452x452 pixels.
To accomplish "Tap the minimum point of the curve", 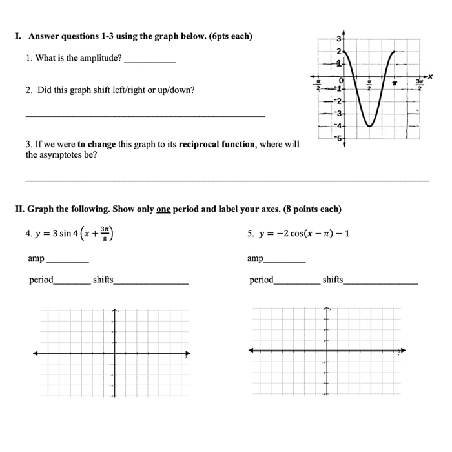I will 369,127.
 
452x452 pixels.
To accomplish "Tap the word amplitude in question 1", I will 103,58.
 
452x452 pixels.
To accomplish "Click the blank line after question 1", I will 149,59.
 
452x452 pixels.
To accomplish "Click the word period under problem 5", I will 261,280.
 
